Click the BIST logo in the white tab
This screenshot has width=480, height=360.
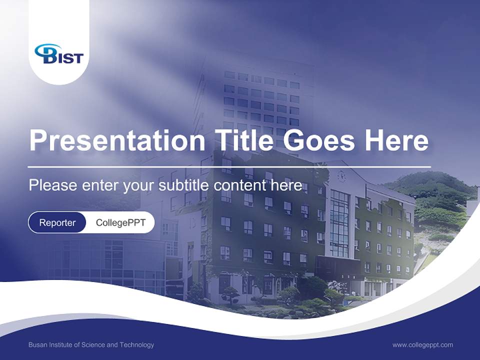point(58,54)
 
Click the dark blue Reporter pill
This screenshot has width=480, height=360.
point(57,222)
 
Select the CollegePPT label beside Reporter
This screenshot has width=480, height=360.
point(120,222)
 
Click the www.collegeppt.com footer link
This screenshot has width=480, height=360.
point(422,344)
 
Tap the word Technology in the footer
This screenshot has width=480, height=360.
point(137,345)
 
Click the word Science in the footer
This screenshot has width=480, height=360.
point(93,345)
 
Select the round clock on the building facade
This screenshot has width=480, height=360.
point(341,176)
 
